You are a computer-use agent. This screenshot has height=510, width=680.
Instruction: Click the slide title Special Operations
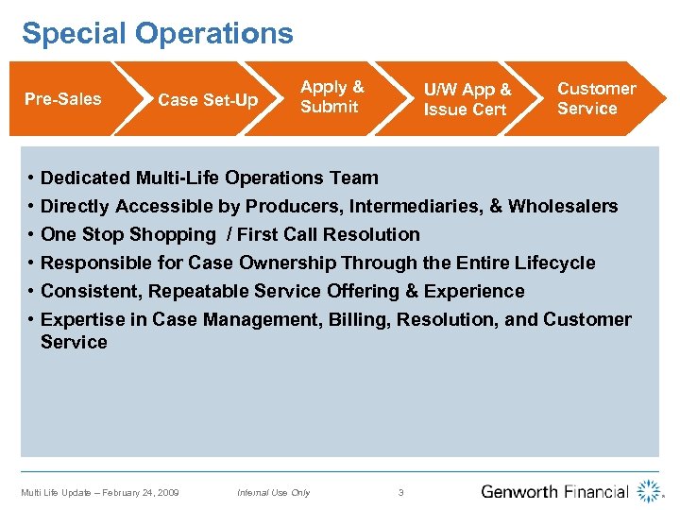(x=158, y=34)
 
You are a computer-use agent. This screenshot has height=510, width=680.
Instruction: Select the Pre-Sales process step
(x=63, y=99)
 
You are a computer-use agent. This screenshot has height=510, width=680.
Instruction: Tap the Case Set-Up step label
(x=208, y=100)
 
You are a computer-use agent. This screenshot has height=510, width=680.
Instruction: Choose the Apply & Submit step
(x=331, y=97)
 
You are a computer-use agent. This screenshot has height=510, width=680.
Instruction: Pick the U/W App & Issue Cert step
(x=467, y=99)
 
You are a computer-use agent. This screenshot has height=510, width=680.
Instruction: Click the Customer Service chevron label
(x=596, y=98)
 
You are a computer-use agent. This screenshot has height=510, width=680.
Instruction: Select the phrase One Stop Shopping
(x=128, y=234)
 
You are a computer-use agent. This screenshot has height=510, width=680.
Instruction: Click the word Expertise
(x=82, y=319)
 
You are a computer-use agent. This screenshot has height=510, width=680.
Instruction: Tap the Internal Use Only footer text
(x=273, y=492)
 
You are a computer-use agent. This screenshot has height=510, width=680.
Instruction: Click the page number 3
(x=400, y=492)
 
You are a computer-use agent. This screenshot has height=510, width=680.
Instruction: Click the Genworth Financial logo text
(x=554, y=491)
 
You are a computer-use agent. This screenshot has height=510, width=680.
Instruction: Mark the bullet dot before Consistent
(x=31, y=291)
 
